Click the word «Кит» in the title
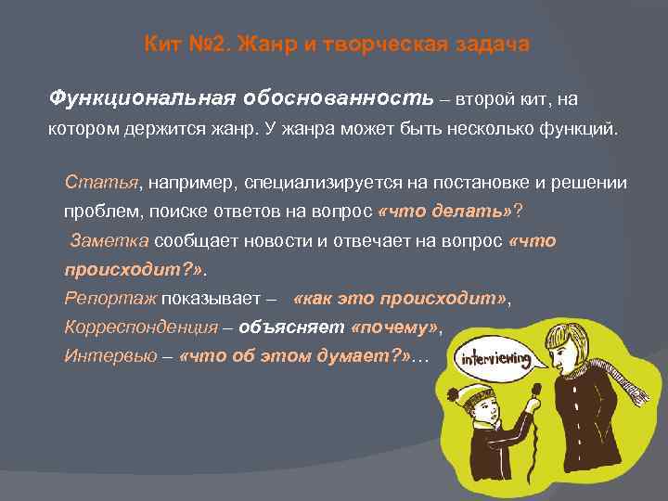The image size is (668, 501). tap(162, 45)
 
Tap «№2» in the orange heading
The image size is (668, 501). tap(206, 45)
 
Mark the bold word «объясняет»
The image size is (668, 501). tap(292, 328)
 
